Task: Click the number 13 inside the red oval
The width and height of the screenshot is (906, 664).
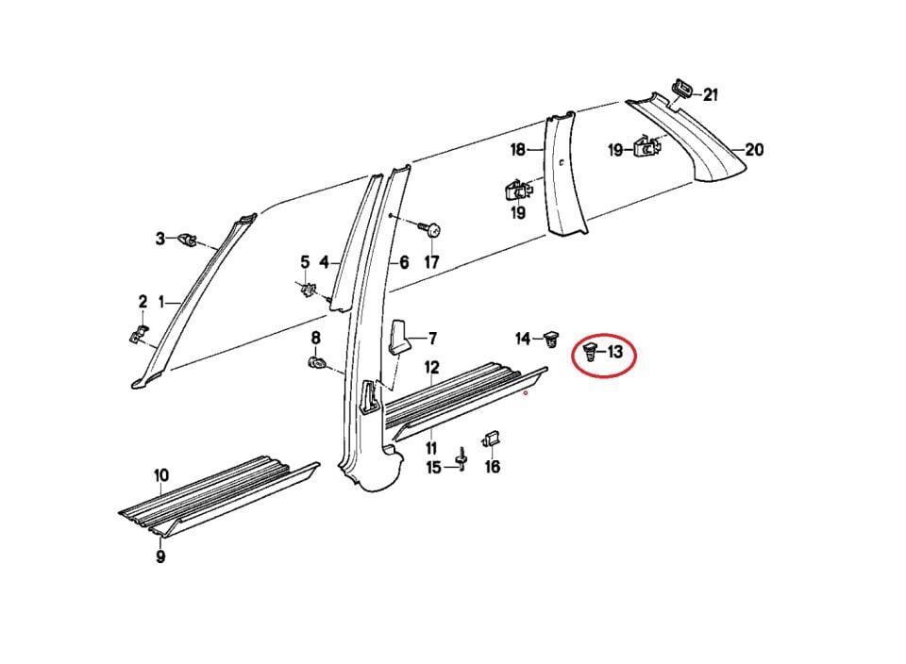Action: pos(615,353)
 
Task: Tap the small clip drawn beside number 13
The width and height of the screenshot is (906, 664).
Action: pos(590,354)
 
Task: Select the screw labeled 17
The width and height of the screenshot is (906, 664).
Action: pos(433,230)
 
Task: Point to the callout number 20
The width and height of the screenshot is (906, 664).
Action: pos(754,149)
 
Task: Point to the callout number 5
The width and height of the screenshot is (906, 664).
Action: pos(305,261)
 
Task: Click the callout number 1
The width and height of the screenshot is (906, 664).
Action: pos(161,302)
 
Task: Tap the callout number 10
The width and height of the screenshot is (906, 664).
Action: pos(161,475)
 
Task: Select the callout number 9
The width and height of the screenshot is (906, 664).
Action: pos(161,556)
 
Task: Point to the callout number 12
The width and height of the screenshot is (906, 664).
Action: pos(431,366)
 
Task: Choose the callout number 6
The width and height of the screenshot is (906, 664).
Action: pos(403,262)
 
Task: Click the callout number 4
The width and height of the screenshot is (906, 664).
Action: pos(324,262)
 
